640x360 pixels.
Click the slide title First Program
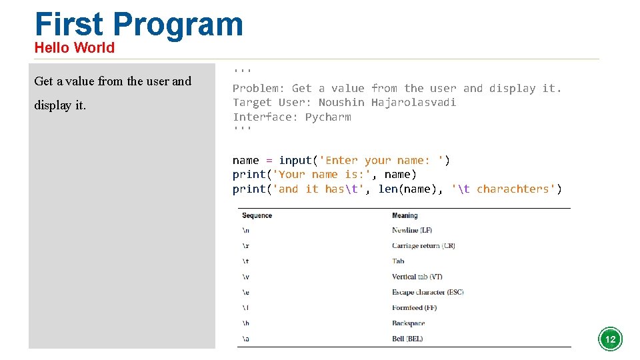coord(139,24)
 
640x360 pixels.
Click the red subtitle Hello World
coord(74,48)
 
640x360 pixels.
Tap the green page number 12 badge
coord(610,339)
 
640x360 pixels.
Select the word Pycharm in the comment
coord(328,117)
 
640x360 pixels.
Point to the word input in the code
coord(295,161)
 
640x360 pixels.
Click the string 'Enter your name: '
coord(381,161)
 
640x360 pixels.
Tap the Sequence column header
coord(257,215)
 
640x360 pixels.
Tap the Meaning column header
coord(405,215)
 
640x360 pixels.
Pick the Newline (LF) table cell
coord(415,231)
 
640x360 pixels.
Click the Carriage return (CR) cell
coord(423,246)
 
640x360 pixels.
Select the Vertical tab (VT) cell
coord(417,277)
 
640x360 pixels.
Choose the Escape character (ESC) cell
coord(427,292)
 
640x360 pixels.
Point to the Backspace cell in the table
coord(408,323)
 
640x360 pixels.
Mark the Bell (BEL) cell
coord(407,339)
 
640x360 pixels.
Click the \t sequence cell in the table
coord(246,261)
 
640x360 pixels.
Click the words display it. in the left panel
coord(60,105)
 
